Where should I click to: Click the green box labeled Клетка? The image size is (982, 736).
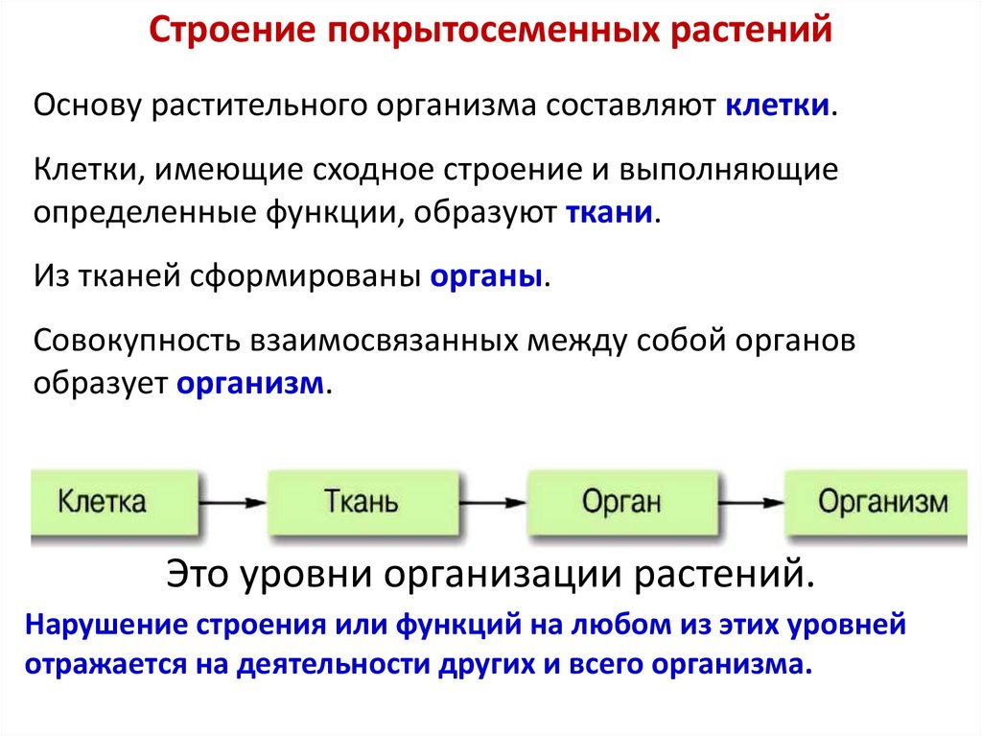[103, 502]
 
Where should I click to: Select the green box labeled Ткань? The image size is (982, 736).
[361, 502]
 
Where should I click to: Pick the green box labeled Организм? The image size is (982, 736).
[881, 502]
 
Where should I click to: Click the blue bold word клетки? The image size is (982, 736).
[777, 106]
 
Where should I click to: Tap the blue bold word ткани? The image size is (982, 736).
[610, 211]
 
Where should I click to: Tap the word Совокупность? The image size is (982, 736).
[136, 343]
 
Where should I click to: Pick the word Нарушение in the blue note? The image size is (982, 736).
[106, 626]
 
